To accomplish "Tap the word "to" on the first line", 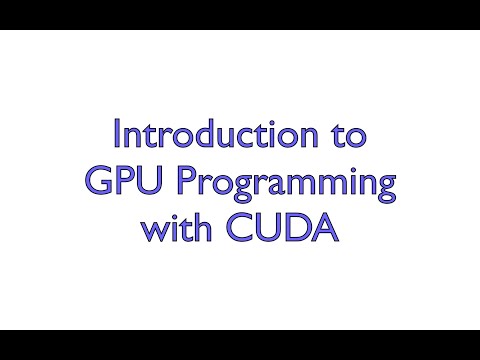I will tap(347, 135).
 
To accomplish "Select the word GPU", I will tap(118, 184).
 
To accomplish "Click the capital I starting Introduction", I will tap(118, 134).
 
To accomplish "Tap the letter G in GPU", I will tap(95, 184).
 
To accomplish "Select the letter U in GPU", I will tap(142, 184).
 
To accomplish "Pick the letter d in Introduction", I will tap(213, 135).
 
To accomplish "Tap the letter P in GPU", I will tap(120, 184).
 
